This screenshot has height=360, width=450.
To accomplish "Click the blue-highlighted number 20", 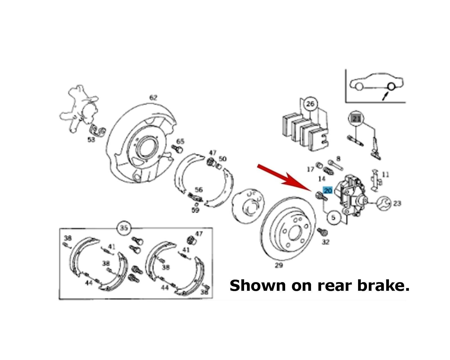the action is [328, 190].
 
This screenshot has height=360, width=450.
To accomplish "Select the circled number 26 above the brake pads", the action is [310, 104].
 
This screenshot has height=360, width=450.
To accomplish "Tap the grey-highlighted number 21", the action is [356, 119].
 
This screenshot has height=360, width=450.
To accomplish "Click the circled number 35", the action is [124, 228].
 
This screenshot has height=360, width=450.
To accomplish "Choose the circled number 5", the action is [333, 218].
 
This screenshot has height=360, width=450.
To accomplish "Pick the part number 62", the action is [153, 98].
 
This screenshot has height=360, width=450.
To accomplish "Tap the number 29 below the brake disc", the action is [279, 265].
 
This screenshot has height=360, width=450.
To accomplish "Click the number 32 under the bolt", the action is [326, 242].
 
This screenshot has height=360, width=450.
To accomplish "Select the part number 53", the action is [91, 139].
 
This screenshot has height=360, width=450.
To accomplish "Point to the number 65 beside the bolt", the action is [180, 141].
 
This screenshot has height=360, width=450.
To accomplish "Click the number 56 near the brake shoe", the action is [199, 190].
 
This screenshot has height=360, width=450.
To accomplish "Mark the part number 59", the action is [195, 210].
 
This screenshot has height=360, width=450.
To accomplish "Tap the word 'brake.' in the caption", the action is [384, 285].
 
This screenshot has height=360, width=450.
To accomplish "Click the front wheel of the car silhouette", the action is [359, 87].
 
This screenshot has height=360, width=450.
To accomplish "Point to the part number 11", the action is [385, 174].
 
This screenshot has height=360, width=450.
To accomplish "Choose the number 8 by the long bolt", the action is [338, 159].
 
